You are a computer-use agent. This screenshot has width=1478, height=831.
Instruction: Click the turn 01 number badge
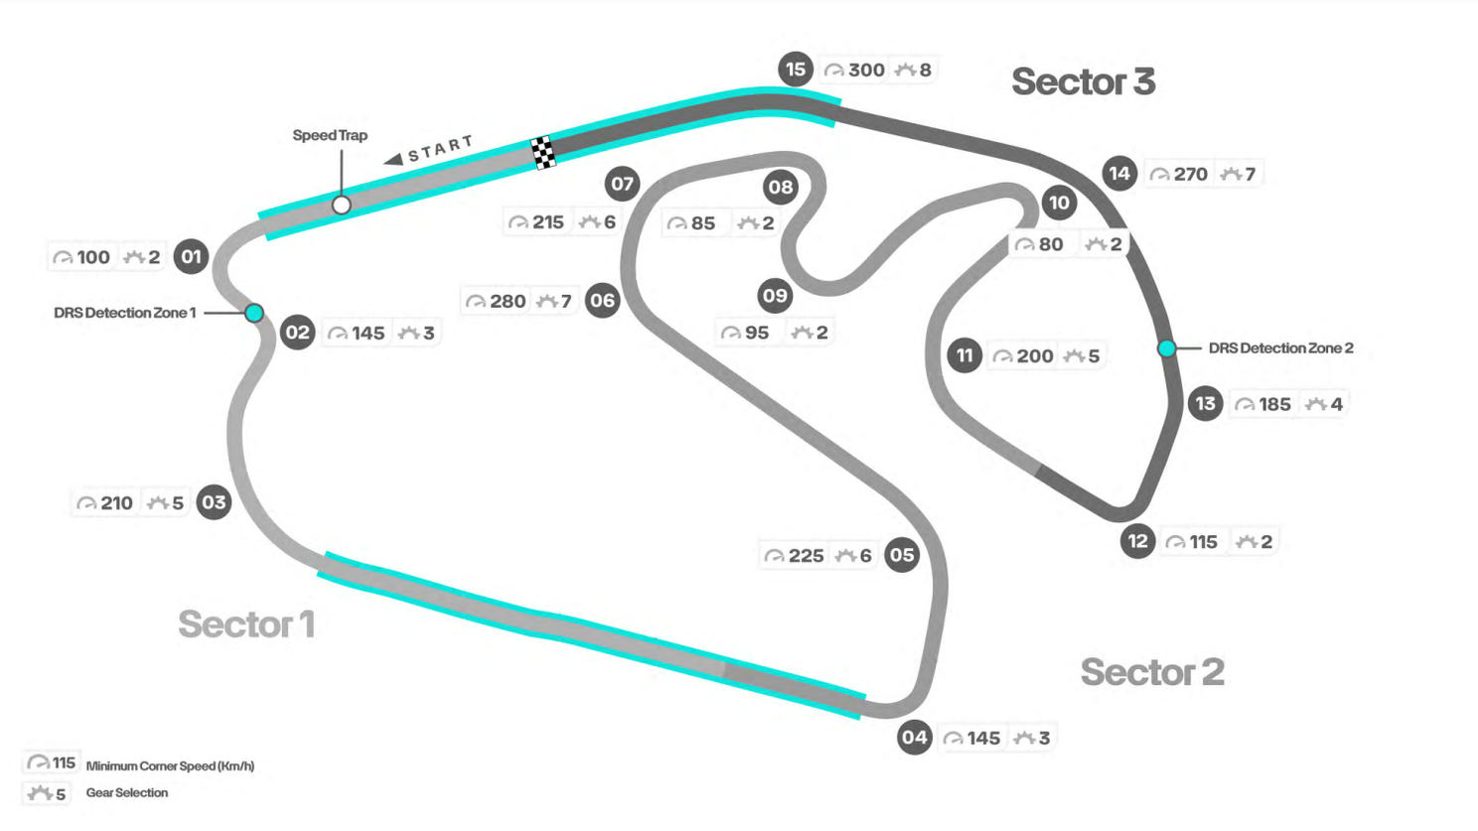tap(192, 256)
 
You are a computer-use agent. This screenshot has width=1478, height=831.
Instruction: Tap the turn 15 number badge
tap(795, 69)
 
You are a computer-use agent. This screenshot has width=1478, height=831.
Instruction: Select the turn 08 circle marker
tap(781, 188)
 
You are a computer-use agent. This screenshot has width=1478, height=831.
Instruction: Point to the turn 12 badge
tap(1137, 541)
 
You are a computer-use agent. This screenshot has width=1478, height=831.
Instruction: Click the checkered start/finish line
tap(543, 153)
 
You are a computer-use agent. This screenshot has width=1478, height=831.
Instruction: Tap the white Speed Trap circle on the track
tap(341, 206)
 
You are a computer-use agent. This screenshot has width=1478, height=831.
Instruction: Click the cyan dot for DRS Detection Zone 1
tap(254, 313)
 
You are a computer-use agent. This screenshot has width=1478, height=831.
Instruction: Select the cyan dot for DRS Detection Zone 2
tap(1166, 348)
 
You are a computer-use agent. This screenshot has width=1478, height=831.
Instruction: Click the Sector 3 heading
tap(1083, 81)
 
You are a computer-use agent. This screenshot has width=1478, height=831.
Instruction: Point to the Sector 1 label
tap(246, 623)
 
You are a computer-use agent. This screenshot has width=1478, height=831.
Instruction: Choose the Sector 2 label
tap(1152, 672)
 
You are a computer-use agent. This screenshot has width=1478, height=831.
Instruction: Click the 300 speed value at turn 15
tap(866, 69)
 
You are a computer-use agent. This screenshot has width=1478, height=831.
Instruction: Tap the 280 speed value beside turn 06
tap(508, 302)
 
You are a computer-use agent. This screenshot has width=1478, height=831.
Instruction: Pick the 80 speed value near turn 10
tap(1051, 244)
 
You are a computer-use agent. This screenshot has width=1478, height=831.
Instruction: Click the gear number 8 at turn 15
tap(925, 69)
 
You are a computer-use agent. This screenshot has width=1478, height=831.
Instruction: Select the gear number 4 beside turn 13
tap(1336, 404)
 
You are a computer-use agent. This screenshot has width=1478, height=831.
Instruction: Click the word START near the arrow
tap(440, 148)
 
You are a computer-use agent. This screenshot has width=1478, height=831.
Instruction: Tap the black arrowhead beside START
tap(393, 159)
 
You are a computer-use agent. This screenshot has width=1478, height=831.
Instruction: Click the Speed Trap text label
tap(330, 135)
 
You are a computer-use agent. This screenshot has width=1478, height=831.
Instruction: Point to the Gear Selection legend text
tap(127, 792)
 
